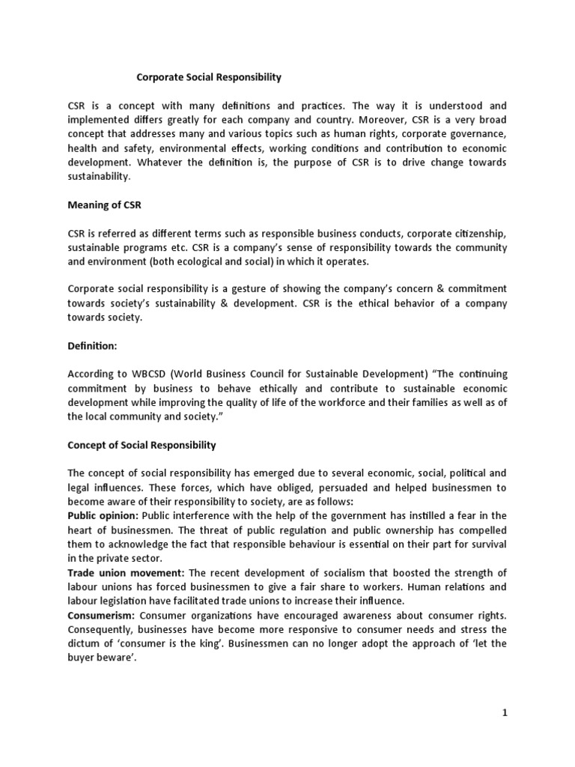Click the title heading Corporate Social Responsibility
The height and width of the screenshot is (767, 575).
(x=208, y=77)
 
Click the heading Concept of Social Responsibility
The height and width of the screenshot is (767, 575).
(x=142, y=445)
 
